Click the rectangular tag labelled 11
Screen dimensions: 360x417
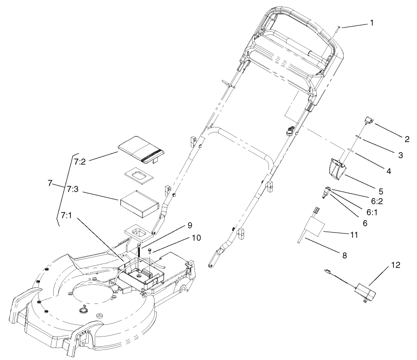[313, 227]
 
